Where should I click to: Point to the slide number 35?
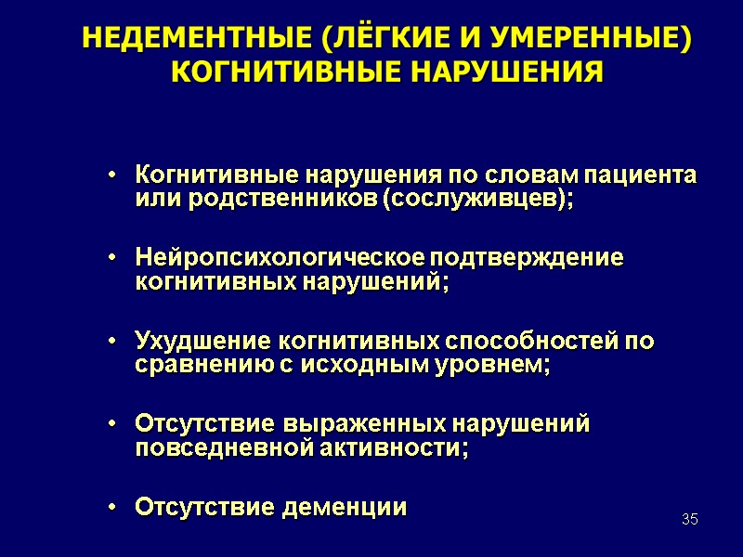pos(689,518)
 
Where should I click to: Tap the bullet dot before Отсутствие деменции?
pos(111,508)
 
